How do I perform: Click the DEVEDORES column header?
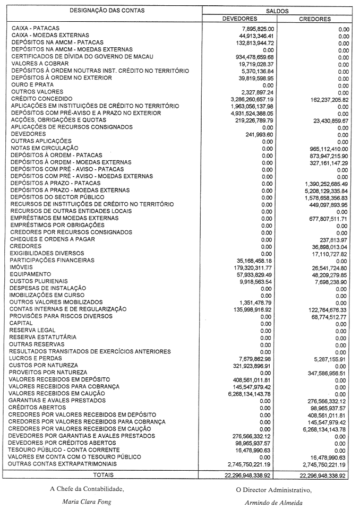239,19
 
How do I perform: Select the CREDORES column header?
315,19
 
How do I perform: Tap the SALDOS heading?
277,10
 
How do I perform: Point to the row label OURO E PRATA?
30,85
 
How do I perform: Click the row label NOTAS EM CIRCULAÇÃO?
45,148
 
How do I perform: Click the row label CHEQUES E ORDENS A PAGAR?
53,239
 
